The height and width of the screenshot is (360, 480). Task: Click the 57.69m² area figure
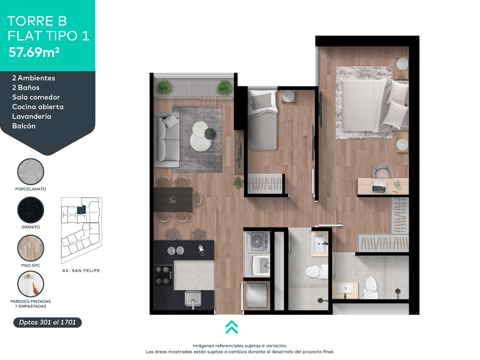(34, 52)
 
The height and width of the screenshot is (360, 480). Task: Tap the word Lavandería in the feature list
(32, 116)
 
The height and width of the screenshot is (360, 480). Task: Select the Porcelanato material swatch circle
(31, 171)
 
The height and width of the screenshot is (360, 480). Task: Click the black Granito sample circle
(31, 210)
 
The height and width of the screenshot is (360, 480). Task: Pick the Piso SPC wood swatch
(31, 248)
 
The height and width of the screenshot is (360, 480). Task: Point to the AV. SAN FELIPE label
(81, 271)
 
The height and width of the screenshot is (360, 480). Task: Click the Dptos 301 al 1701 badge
(48, 322)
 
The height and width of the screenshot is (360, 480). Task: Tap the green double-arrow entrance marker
(232, 327)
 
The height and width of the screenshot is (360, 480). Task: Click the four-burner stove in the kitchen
(163, 275)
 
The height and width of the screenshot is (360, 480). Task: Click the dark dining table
(173, 199)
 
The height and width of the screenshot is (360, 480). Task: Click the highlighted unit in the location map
(82, 209)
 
